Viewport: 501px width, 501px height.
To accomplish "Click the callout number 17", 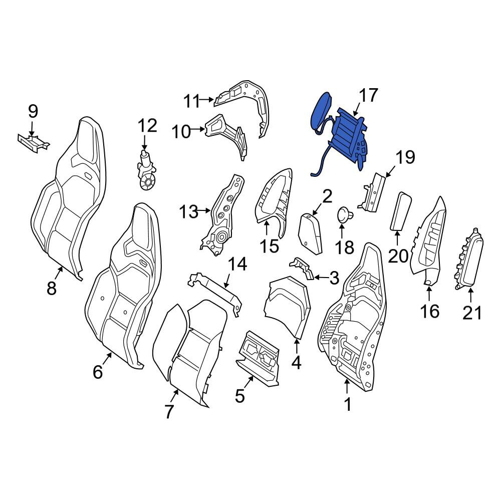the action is pyautogui.click(x=368, y=96).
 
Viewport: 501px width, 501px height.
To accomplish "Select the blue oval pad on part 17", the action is pyautogui.click(x=321, y=110).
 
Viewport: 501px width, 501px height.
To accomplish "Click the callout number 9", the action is pyautogui.click(x=33, y=112).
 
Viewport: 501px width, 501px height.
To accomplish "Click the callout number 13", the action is pyautogui.click(x=188, y=212).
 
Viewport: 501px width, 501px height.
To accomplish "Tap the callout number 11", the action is pyautogui.click(x=191, y=101).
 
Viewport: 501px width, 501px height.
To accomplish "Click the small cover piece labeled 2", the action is pyautogui.click(x=310, y=233).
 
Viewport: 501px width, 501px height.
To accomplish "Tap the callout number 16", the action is pyautogui.click(x=430, y=311).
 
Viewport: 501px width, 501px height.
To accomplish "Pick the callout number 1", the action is pyautogui.click(x=348, y=404).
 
